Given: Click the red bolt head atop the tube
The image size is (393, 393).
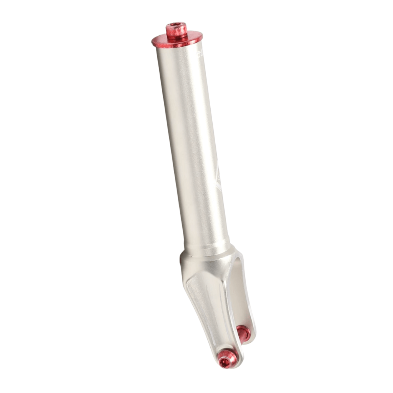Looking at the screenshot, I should coord(177,29).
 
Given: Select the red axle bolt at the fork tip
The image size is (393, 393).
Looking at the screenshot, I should coord(226,360).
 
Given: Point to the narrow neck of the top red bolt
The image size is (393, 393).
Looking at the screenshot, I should coord(177,35).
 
